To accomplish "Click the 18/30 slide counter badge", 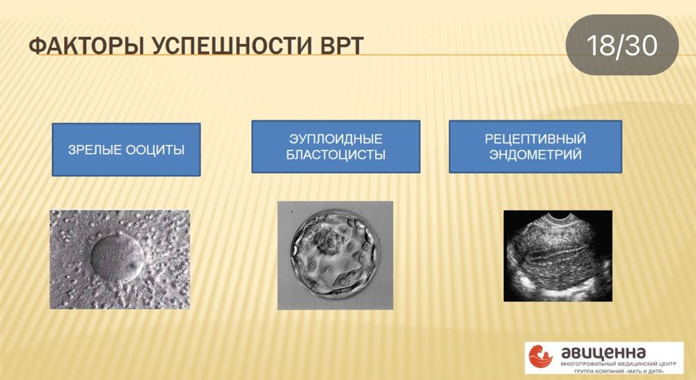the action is tap(622, 45).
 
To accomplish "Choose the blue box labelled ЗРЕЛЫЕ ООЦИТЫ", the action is tap(127, 150).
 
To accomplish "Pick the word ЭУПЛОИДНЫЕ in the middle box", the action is tap(336, 139).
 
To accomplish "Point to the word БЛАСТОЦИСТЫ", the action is tap(336, 155).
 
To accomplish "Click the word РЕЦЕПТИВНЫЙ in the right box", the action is tap(535, 139).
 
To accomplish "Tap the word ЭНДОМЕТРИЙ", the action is tap(535, 155).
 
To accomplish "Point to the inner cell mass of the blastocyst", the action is tap(331, 244).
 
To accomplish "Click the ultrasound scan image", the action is tap(558, 256).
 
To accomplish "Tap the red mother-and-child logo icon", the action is tap(541, 357).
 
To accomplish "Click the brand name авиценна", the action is tap(603, 352).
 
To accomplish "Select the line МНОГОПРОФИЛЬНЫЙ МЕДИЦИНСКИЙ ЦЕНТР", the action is tap(618, 363).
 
